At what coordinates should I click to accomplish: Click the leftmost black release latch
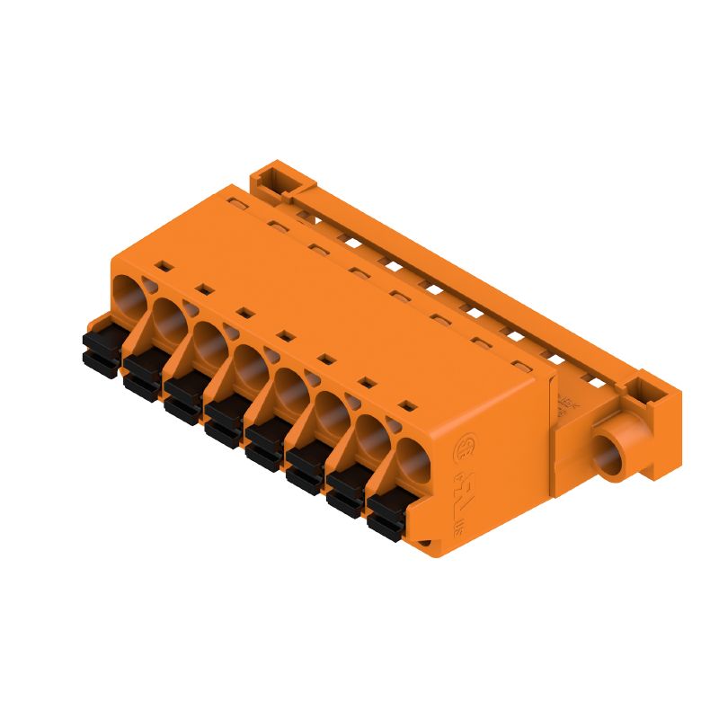[x=100, y=351]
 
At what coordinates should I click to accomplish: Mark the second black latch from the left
[x=142, y=374]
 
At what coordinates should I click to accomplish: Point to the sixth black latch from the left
[x=306, y=468]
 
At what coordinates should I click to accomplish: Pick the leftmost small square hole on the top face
[x=164, y=265]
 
